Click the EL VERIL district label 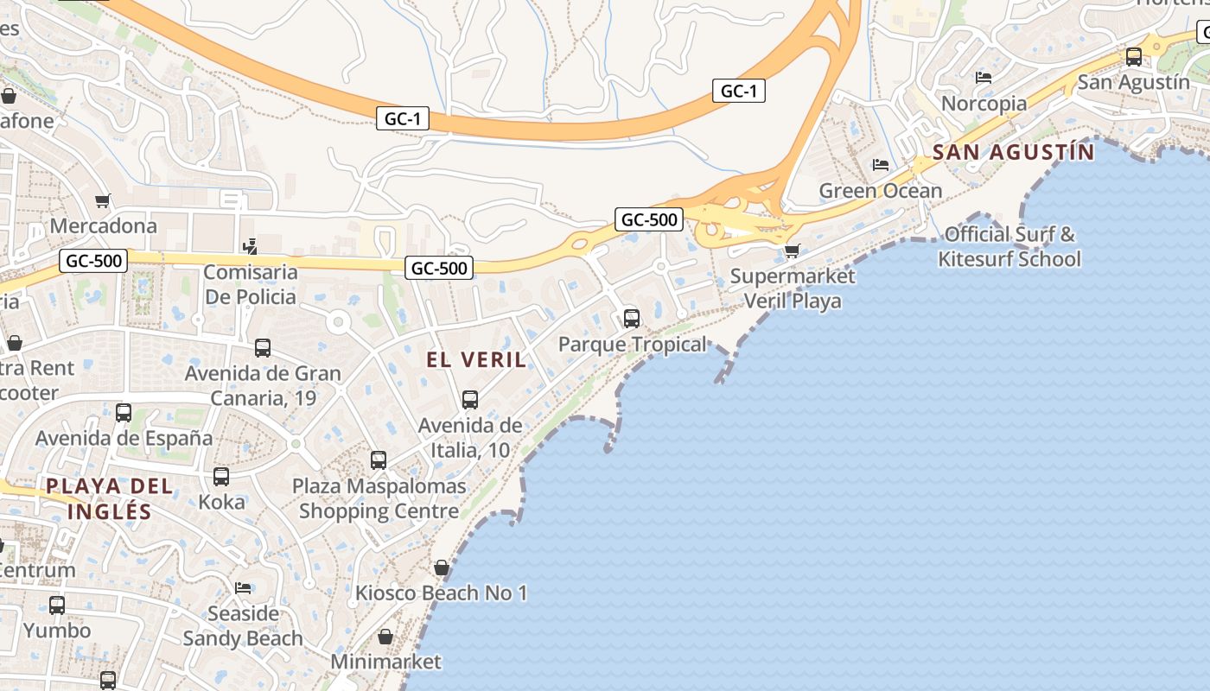click(476, 359)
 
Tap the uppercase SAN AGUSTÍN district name click(1013, 153)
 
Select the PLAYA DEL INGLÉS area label click(110, 498)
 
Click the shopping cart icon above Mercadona click(103, 201)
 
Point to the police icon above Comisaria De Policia click(251, 247)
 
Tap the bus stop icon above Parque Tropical click(632, 319)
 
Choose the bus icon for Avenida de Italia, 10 click(470, 400)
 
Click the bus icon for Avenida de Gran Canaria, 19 click(263, 348)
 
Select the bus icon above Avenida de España click(124, 413)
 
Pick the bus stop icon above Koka click(221, 477)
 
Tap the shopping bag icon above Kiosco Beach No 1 click(441, 567)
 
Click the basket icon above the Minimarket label click(385, 637)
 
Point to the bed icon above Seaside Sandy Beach click(243, 588)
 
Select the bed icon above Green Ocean click(881, 165)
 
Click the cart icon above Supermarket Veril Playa click(792, 251)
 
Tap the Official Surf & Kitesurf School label click(1009, 246)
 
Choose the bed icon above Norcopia click(984, 78)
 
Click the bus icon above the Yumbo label click(57, 605)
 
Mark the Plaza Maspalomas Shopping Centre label click(379, 498)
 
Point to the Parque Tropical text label click(632, 345)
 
